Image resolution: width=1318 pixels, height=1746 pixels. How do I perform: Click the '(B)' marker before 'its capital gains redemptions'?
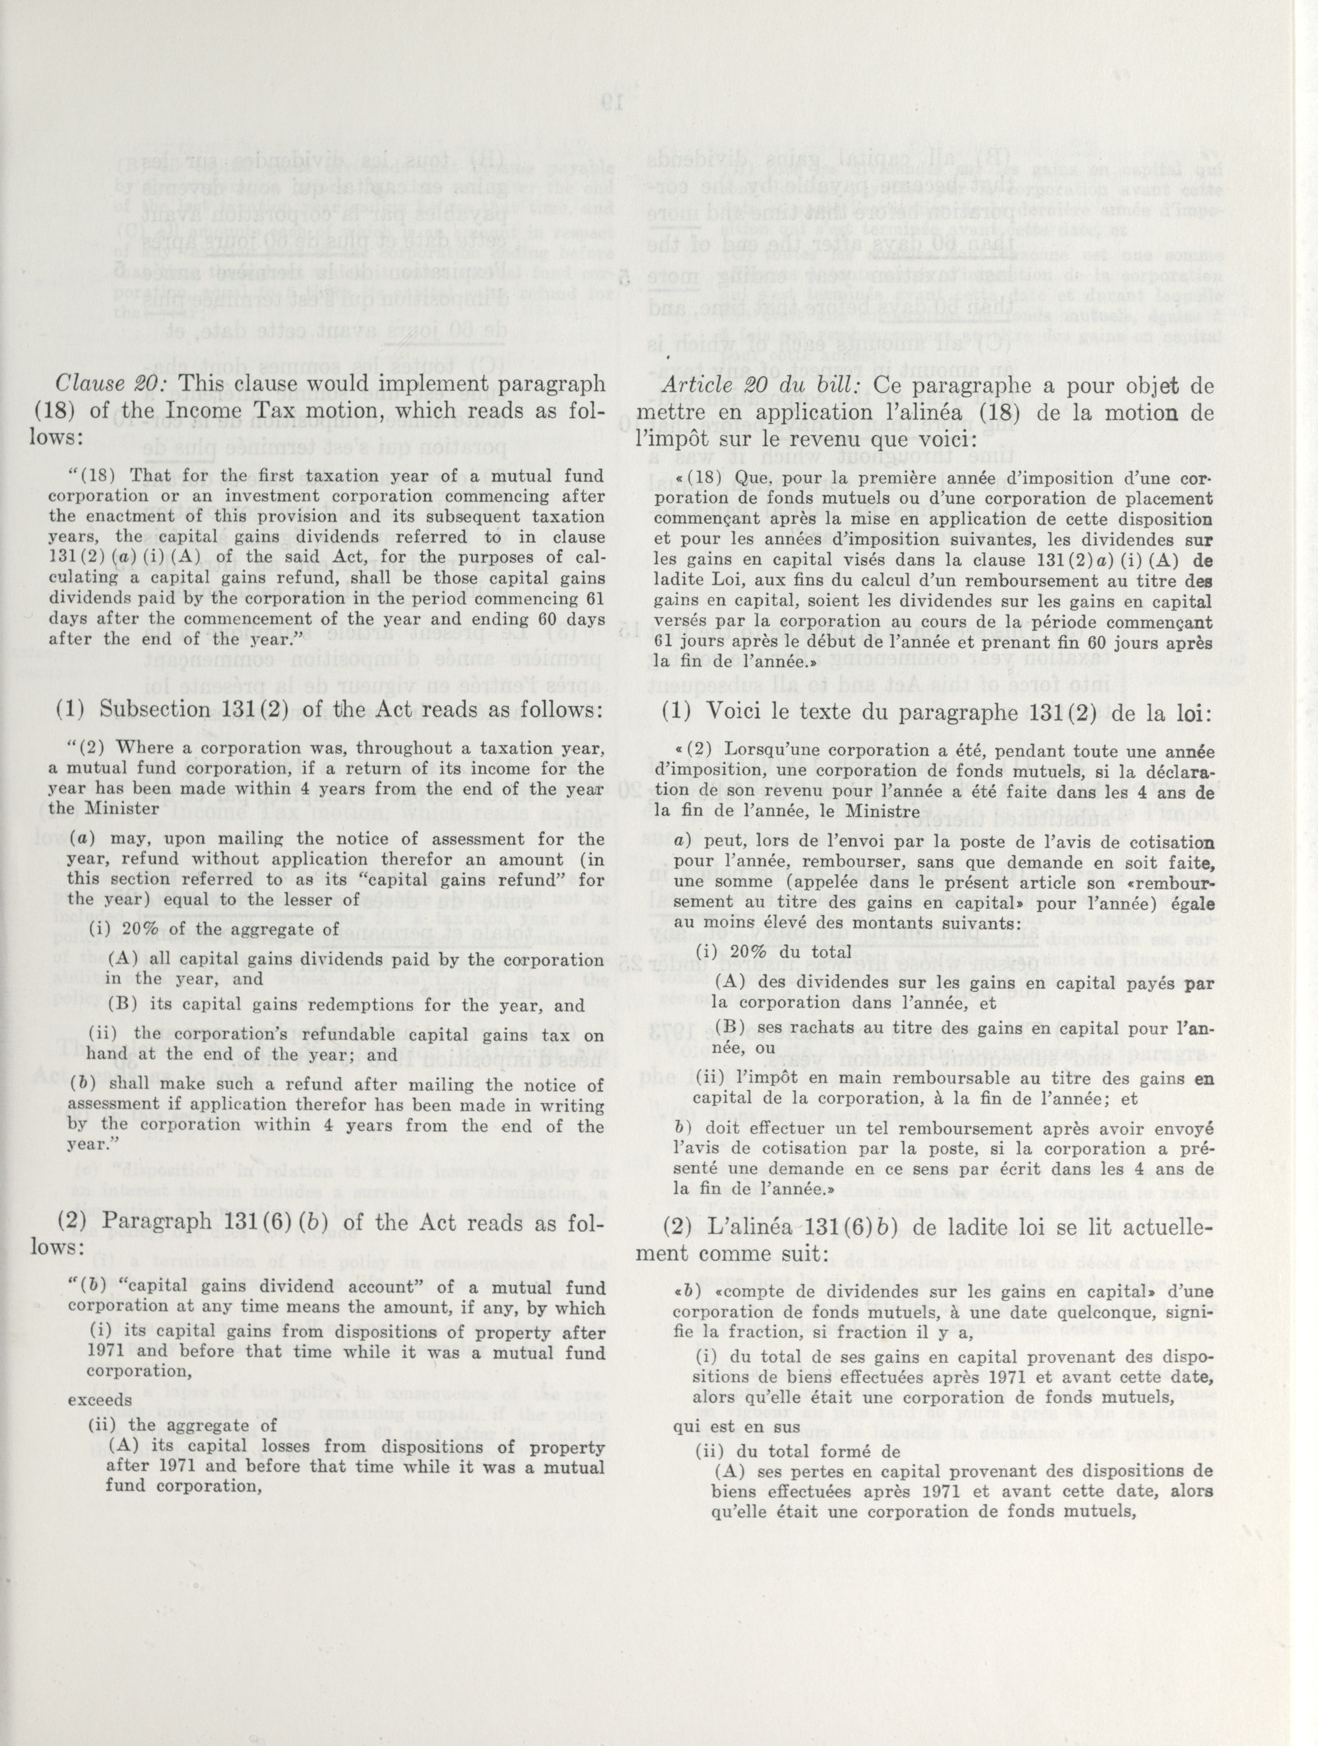120,1006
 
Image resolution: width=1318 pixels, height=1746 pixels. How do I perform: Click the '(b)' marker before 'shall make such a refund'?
78,1085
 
